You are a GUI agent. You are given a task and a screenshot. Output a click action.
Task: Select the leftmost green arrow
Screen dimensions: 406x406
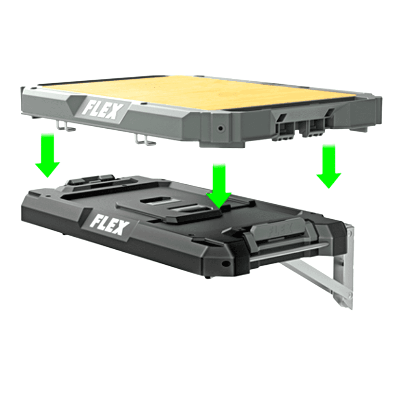pyautogui.click(x=48, y=156)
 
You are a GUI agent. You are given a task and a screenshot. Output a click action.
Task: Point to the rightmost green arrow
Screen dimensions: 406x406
pyautogui.click(x=328, y=166)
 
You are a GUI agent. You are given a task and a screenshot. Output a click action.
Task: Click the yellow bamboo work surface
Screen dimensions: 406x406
pyautogui.click(x=195, y=91)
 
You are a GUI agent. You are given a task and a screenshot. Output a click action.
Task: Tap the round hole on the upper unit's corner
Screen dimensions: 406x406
pyautogui.click(x=220, y=128)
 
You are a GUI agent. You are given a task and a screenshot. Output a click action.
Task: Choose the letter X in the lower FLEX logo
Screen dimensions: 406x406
pyautogui.click(x=120, y=230)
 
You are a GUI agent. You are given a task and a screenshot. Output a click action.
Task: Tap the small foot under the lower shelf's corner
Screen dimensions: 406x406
pyautogui.click(x=208, y=277)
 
